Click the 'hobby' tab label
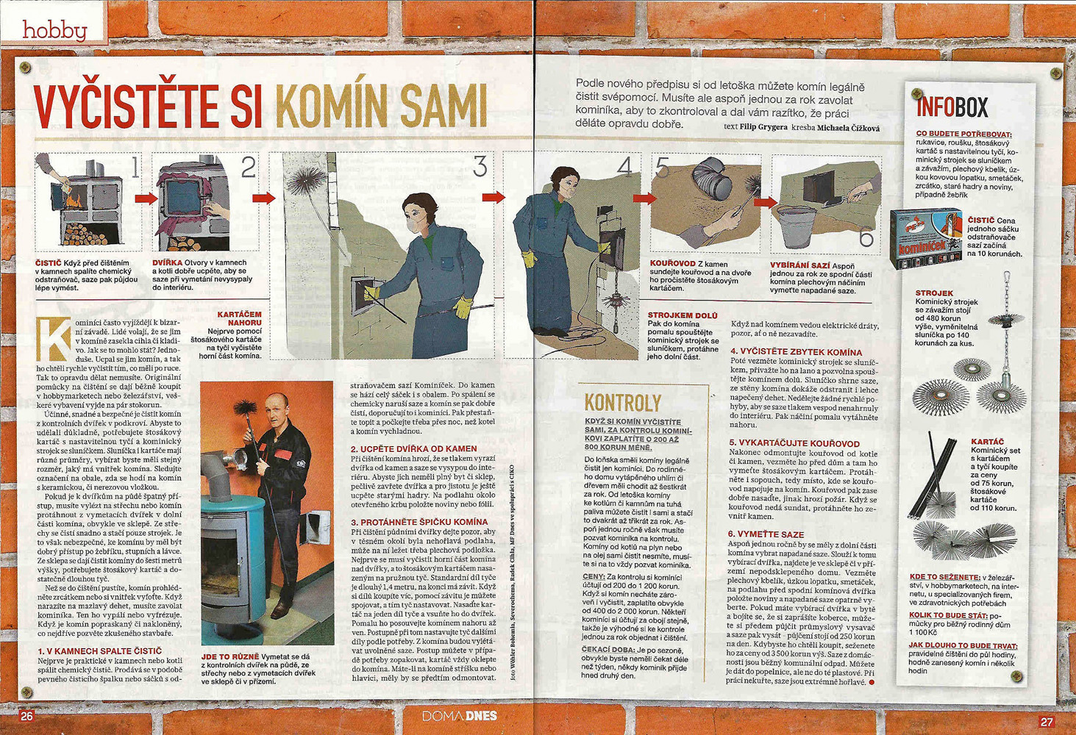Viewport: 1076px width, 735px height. click(x=54, y=29)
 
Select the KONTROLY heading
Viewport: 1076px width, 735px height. click(x=622, y=402)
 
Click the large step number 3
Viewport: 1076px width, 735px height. click(x=480, y=168)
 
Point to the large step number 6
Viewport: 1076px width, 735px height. click(x=866, y=238)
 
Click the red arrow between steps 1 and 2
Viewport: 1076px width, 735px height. click(x=146, y=198)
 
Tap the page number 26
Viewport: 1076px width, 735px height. click(x=26, y=717)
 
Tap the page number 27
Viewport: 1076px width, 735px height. click(x=1046, y=722)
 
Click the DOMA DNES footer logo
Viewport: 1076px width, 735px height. click(x=459, y=716)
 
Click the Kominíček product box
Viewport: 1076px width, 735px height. click(x=925, y=238)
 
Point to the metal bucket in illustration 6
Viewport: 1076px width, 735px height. click(x=803, y=226)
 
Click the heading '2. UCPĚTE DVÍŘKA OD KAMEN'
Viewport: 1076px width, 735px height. click(x=413, y=448)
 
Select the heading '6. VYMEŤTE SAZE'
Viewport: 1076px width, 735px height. click(x=766, y=534)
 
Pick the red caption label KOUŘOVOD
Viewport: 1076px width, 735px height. click(x=672, y=263)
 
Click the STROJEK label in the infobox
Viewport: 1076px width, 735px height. click(x=934, y=293)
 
